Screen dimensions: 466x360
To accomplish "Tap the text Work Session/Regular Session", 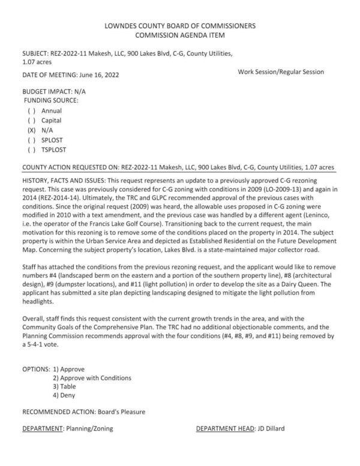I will (281, 72).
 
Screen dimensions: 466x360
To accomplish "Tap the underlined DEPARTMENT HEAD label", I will (225, 428).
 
